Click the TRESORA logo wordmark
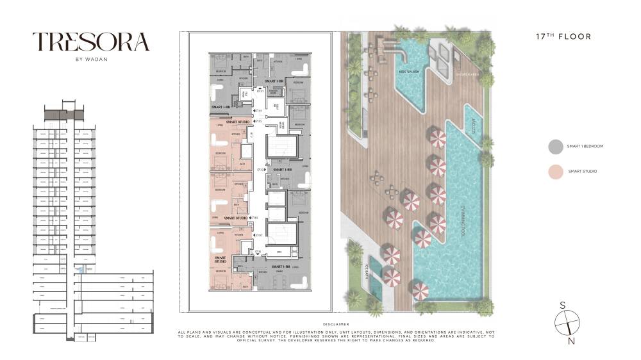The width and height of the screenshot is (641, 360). coord(91,42)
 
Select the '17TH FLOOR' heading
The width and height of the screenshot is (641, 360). coord(563,37)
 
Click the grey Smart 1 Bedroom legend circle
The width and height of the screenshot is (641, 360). coord(555,147)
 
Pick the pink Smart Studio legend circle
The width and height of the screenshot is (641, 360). coord(555,172)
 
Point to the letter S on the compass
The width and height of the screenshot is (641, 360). coord(563,305)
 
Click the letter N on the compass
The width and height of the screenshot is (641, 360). coord(571,341)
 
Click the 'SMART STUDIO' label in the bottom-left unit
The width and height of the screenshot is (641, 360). coord(221,260)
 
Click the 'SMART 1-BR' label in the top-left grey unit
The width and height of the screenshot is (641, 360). coord(221,107)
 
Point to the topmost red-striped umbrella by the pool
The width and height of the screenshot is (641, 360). coord(437,137)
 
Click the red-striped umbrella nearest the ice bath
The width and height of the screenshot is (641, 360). coord(391,277)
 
